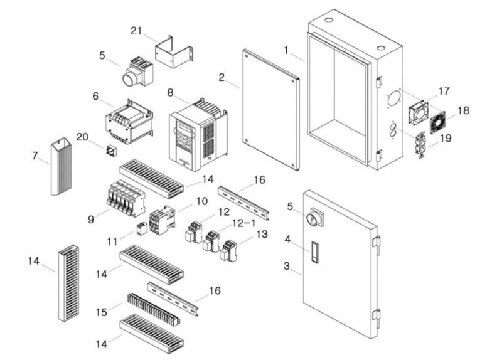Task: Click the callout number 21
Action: click(138, 31)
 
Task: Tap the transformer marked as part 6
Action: click(130, 122)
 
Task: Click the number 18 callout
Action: click(463, 110)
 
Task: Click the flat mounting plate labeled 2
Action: click(269, 109)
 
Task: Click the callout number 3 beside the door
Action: click(287, 266)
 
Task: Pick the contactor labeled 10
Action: click(163, 220)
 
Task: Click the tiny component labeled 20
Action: click(110, 151)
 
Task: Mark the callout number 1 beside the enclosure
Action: click(286, 49)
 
